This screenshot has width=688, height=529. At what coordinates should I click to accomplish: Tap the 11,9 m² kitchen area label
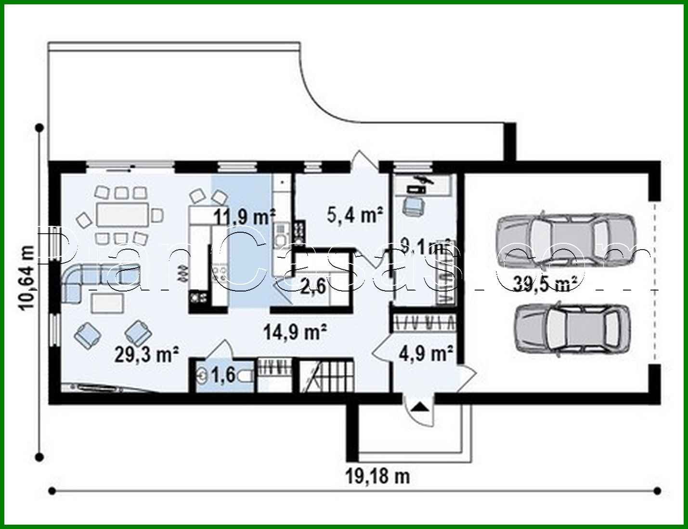point(245,217)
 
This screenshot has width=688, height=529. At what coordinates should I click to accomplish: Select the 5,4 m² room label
point(355,215)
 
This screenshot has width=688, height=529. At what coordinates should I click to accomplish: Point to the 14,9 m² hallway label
point(296,332)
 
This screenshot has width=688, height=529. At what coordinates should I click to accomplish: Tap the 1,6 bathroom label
point(223,375)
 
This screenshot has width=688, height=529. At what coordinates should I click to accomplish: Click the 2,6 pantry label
point(313,287)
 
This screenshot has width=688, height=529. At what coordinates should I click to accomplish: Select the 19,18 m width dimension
point(378,476)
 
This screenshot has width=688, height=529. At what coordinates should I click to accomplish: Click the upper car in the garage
point(566,239)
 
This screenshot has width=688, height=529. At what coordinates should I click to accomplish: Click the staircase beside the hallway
point(327,375)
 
